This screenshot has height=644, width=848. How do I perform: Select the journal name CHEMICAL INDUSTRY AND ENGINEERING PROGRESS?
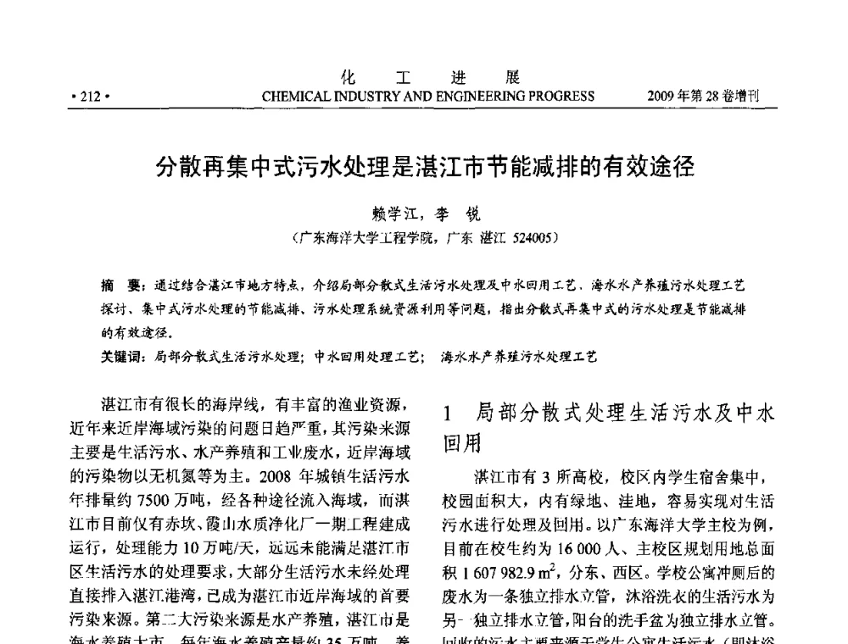click(428, 96)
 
